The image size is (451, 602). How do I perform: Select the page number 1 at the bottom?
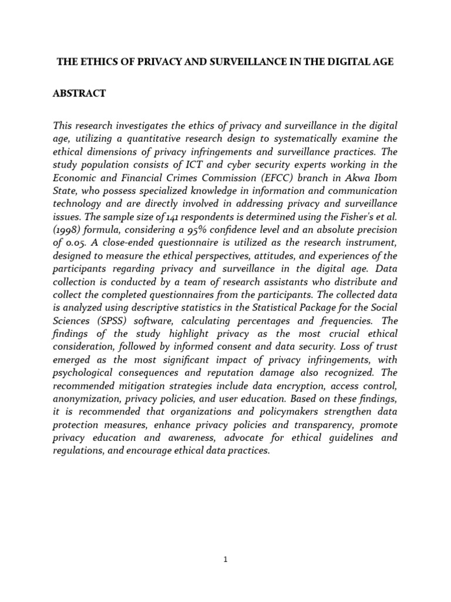(x=225, y=559)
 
